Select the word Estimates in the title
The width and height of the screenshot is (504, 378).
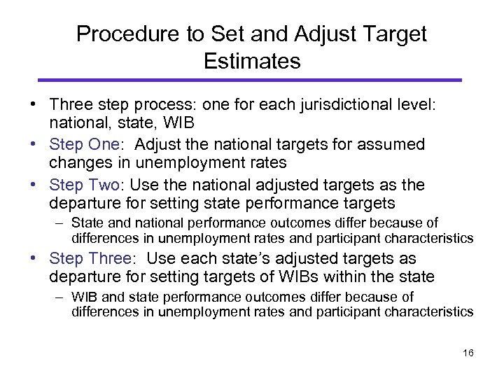[252, 61]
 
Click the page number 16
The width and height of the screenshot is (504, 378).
[468, 353]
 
